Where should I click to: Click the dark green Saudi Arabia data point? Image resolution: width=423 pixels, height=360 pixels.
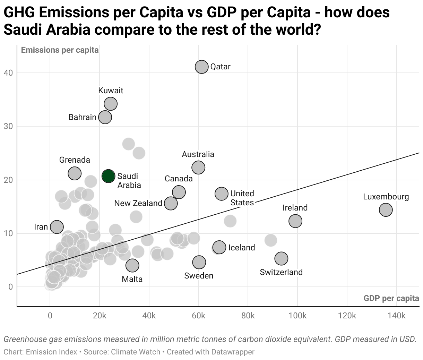(x=109, y=176)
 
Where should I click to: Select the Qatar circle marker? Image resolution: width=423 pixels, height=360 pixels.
(x=201, y=67)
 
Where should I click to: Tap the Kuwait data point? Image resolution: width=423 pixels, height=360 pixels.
(x=111, y=103)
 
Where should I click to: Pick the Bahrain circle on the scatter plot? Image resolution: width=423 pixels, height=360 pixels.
(x=105, y=117)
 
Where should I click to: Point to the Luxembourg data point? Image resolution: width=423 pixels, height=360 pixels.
(x=386, y=209)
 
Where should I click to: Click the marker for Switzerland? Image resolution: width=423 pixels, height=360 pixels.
(x=281, y=258)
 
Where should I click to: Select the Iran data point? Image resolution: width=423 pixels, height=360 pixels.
(x=57, y=227)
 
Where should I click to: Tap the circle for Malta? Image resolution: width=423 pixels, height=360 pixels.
(x=132, y=265)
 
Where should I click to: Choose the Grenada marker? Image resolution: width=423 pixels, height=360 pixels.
(x=75, y=173)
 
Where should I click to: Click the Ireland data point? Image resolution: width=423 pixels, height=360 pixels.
(x=295, y=221)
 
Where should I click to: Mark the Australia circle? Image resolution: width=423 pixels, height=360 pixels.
(x=198, y=168)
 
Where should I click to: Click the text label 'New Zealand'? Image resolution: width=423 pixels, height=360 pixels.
(x=138, y=203)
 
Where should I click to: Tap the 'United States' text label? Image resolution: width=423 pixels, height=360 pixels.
(x=242, y=198)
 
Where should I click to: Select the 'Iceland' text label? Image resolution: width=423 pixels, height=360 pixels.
(x=241, y=248)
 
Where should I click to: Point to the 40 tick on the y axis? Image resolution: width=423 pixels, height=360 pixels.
(x=8, y=73)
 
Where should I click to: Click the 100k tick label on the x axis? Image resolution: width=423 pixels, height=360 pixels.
(x=297, y=316)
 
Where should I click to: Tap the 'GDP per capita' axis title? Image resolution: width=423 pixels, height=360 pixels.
(x=391, y=298)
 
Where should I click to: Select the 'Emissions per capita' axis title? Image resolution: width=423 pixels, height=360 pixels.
(x=60, y=50)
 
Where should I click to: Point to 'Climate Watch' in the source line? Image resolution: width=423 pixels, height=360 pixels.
(x=136, y=352)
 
